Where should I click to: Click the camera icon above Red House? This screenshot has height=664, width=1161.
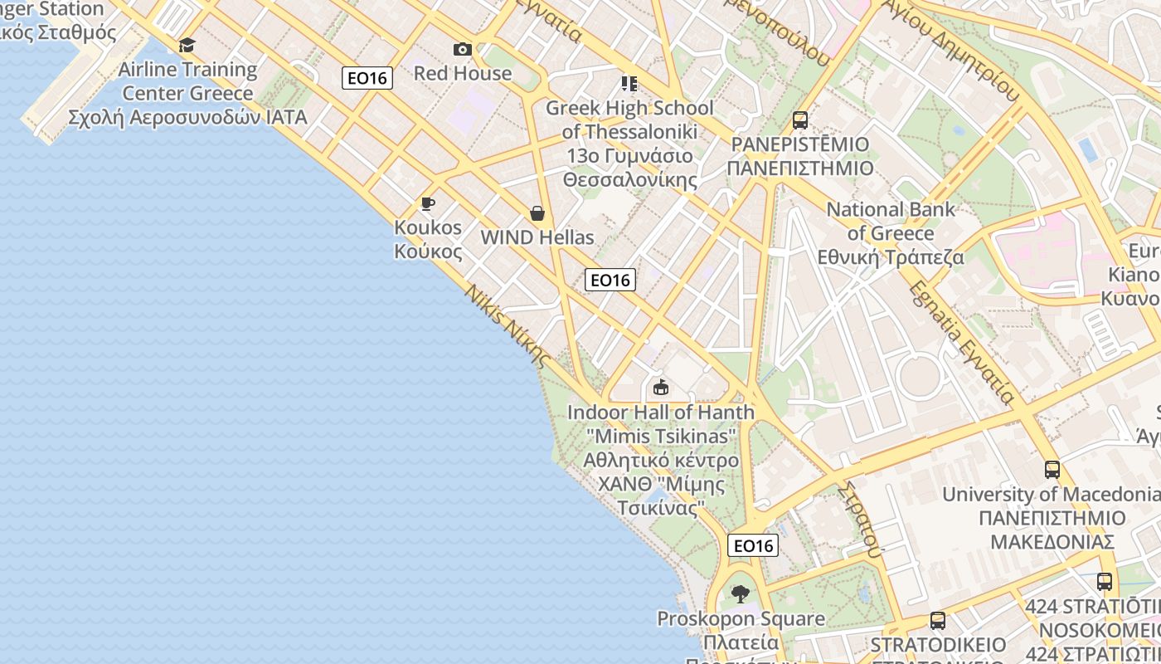click(463, 50)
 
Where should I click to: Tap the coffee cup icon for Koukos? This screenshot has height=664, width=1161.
click(428, 203)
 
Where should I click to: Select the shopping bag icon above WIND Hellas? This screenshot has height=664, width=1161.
click(537, 213)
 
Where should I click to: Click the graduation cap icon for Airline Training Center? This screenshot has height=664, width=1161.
click(187, 45)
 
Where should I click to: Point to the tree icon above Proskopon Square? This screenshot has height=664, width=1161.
click(741, 594)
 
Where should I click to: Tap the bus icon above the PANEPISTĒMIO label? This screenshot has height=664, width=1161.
click(800, 120)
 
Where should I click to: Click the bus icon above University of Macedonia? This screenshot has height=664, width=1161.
click(1052, 470)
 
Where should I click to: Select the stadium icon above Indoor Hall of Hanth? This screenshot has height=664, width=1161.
click(661, 388)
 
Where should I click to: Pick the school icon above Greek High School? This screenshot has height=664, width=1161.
click(629, 84)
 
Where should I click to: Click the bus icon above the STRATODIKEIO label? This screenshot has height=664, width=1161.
click(938, 621)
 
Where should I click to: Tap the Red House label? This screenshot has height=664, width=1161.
click(463, 73)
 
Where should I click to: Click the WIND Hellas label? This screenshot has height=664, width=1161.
click(537, 237)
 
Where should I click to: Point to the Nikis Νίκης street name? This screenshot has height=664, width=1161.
click(507, 326)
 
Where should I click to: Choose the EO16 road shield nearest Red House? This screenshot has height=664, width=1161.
click(367, 78)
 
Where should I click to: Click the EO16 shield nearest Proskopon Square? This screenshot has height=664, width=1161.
click(753, 545)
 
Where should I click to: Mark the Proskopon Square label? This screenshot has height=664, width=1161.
click(741, 619)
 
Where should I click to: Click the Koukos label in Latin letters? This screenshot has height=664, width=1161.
click(428, 227)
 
